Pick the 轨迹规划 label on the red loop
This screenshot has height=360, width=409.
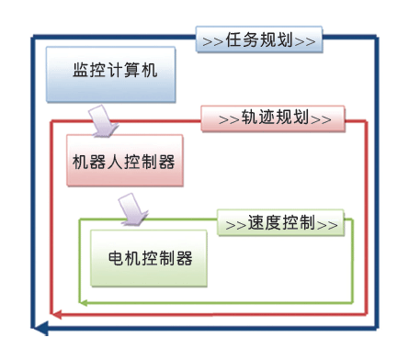pos(272,118)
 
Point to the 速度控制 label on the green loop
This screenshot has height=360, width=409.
pos(281,222)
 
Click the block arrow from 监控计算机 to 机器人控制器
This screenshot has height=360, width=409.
pos(101,117)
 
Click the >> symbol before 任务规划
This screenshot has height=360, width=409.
pos(212,40)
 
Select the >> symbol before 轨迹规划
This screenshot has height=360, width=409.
pos(228,118)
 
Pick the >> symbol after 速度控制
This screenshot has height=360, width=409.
pos(328,222)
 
